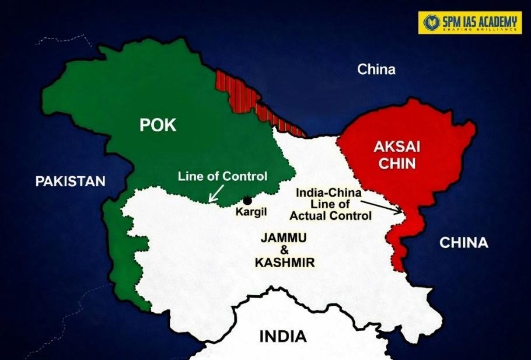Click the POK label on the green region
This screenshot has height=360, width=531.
coord(157,125)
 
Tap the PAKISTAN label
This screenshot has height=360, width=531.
coord(70,181)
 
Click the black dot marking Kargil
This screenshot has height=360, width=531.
coord(247,200)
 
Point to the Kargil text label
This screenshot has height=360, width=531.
coord(251,212)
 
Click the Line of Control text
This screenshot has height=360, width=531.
coord(222,176)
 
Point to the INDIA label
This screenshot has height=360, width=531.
coord(282,337)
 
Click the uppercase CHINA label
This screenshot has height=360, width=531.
coord(464,243)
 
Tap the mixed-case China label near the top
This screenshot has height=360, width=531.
coord(376,70)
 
